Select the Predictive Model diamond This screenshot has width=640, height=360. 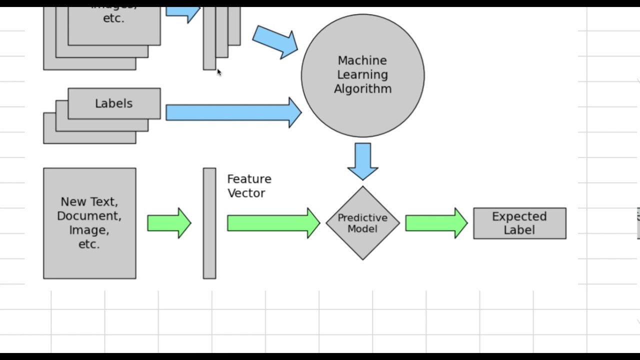coord(362,245)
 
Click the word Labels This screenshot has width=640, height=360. coord(113,103)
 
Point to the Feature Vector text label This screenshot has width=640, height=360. coord(249,186)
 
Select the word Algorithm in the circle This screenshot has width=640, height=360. coord(362,89)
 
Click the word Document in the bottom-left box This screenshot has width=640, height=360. coord(89,216)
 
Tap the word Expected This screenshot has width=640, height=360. coord(519,216)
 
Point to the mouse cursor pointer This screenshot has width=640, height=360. coord(219,72)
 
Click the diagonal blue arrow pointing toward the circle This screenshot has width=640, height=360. coord(274,42)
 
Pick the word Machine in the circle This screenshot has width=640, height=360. coord(362,60)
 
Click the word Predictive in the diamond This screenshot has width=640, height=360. coord(362,218)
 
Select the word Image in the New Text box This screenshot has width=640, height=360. coord(89,230)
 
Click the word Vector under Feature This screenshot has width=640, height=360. coord(246,193)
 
